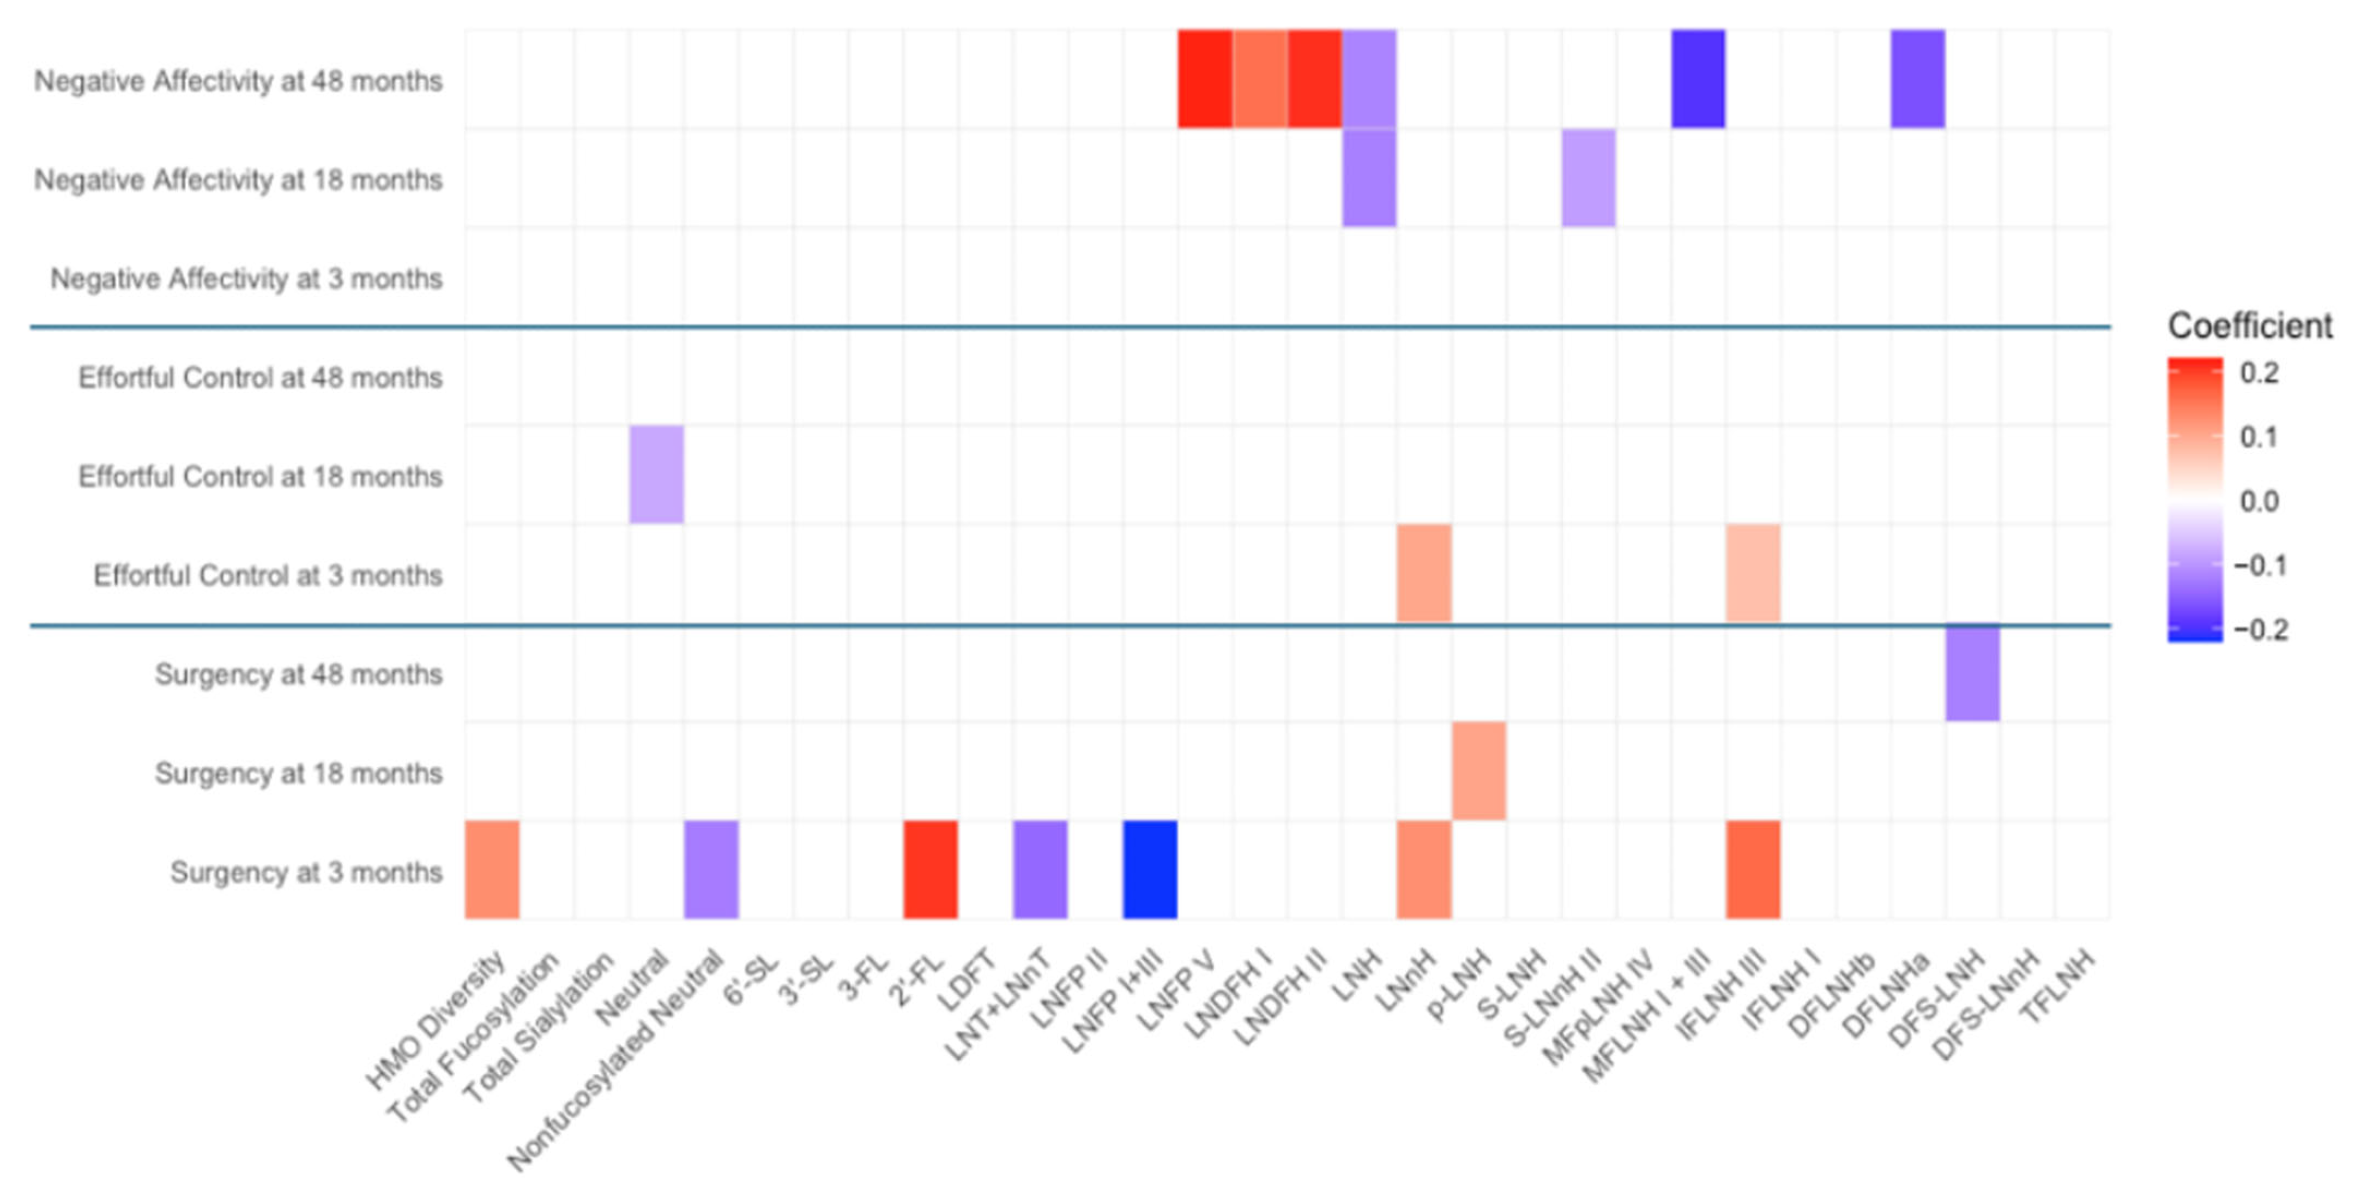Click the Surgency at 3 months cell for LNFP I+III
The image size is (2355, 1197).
coord(1150,870)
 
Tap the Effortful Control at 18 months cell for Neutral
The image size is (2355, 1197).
coord(656,474)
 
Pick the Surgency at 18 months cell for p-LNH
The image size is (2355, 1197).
coord(1479,771)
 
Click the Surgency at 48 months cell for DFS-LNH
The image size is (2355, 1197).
coord(1973,672)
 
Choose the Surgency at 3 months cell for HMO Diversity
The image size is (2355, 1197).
coord(492,870)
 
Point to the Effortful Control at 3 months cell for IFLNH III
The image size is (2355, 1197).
coord(1754,573)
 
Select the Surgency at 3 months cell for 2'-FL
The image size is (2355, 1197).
coord(931,870)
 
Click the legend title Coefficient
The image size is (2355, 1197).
coord(2250,326)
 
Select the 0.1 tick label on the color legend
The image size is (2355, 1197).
coord(2259,437)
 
